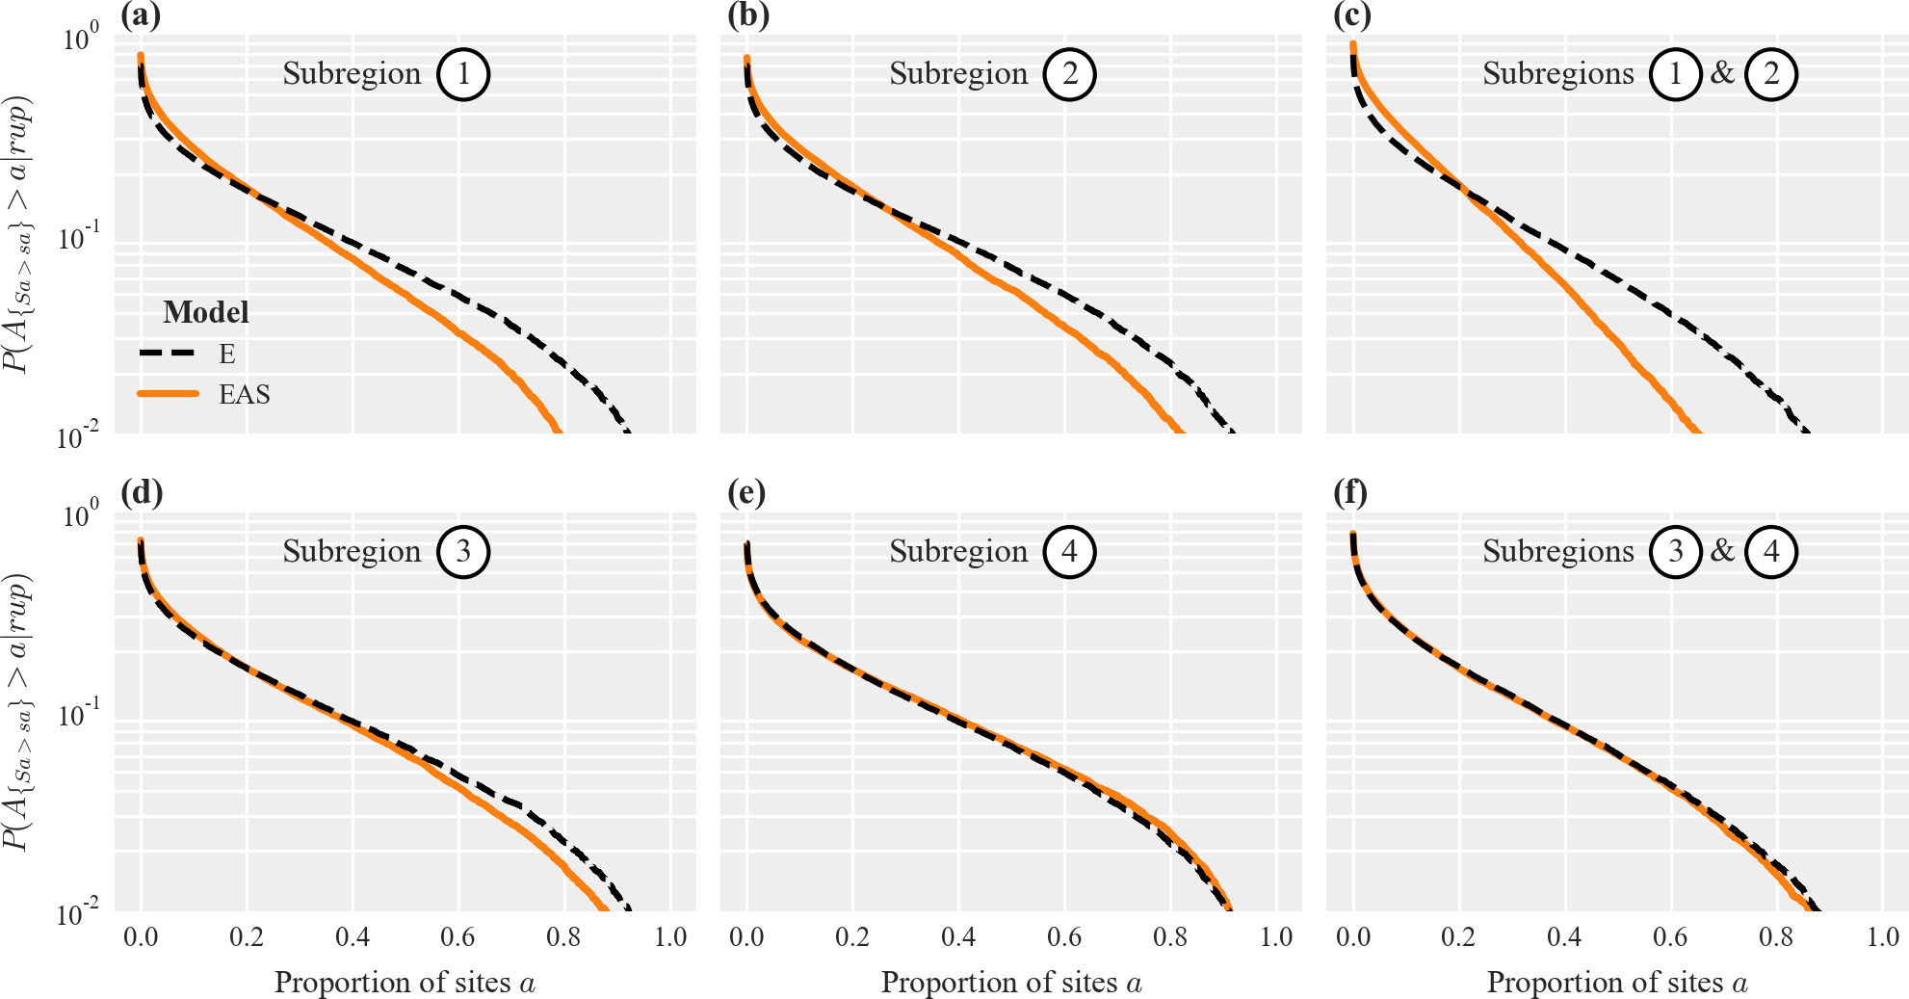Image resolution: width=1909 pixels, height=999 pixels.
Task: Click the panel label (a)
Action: (141, 14)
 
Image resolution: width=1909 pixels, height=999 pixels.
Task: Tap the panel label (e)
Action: (747, 492)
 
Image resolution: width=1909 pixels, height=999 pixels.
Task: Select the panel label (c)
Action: (1352, 14)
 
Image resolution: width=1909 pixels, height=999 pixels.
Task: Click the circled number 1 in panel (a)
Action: (463, 74)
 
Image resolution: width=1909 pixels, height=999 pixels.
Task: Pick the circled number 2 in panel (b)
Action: (1069, 74)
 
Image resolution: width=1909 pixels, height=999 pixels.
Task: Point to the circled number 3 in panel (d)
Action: (463, 552)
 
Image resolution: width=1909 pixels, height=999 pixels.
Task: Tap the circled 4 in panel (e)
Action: (1069, 552)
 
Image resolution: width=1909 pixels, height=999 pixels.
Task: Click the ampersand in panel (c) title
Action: (1723, 72)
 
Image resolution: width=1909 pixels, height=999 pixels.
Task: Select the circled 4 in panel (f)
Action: (1771, 552)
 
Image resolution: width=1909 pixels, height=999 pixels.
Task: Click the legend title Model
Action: (206, 312)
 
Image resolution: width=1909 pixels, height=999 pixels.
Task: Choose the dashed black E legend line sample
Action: (169, 354)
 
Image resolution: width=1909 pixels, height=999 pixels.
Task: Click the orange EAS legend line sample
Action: (169, 394)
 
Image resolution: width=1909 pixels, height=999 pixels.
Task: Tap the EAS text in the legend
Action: (245, 395)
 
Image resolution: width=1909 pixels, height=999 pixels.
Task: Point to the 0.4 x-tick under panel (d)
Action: (353, 937)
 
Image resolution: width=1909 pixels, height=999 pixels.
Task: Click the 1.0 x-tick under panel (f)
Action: (1882, 937)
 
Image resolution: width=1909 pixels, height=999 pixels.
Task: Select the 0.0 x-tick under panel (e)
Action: (747, 937)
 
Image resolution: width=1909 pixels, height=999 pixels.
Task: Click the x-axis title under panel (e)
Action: (1011, 983)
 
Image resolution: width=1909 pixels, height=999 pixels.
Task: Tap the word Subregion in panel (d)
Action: (352, 552)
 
